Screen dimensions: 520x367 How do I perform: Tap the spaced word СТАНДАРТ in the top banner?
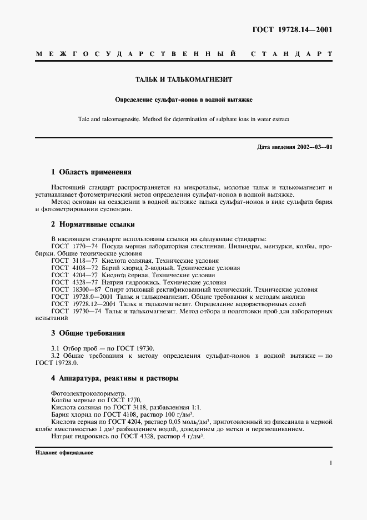(x=291, y=54)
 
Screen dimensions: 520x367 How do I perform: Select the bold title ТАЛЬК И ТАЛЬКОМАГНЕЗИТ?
(x=183, y=79)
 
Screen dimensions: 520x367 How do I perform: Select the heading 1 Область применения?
(x=91, y=172)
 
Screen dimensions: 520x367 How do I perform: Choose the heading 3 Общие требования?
(x=88, y=333)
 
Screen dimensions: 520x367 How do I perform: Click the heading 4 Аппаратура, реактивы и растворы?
(x=114, y=378)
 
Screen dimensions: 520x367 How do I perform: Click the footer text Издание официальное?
(x=64, y=453)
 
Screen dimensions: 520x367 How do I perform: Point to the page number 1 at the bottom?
(x=330, y=462)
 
